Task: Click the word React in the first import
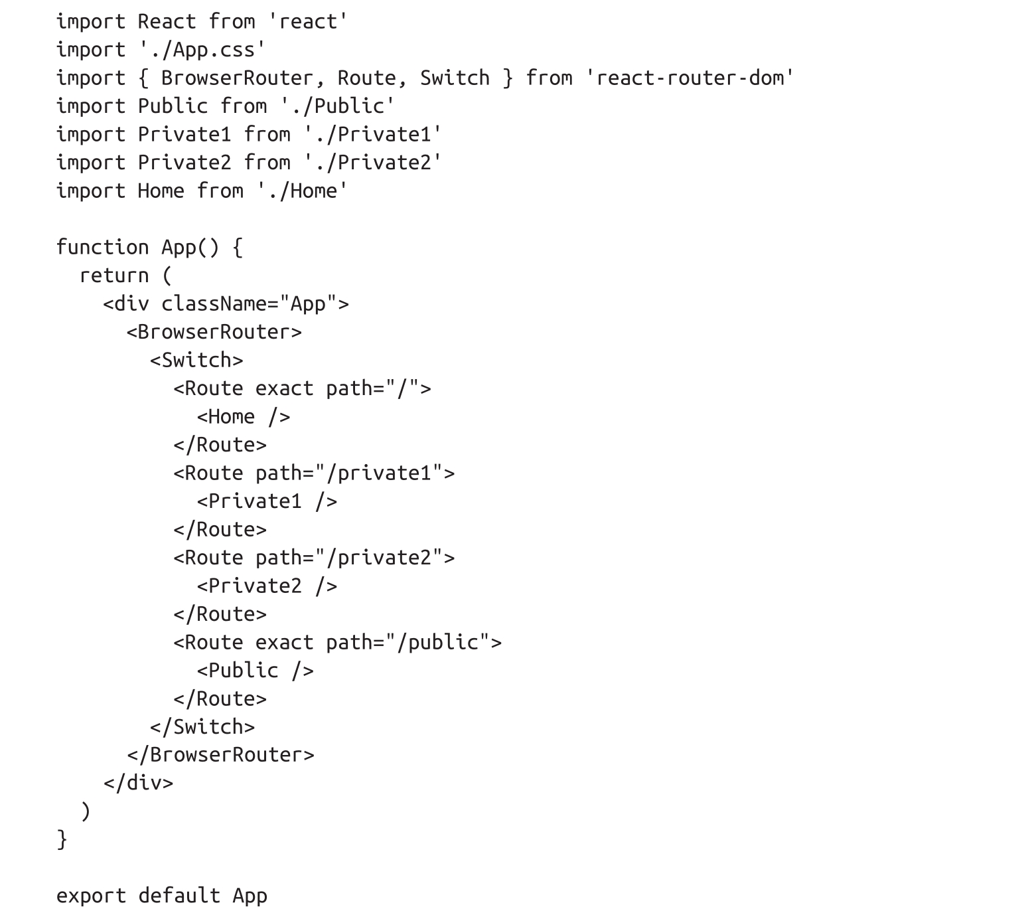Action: [x=167, y=22]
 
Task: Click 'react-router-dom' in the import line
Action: [x=690, y=78]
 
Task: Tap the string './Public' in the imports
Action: [x=338, y=106]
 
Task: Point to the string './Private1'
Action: [x=373, y=135]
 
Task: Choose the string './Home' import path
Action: [x=303, y=191]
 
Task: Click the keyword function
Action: [x=102, y=248]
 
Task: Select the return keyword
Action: [x=114, y=276]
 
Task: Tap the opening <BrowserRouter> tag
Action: [x=214, y=332]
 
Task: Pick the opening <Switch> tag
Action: [x=196, y=361]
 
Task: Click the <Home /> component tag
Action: [x=244, y=417]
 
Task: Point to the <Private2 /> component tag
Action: [x=267, y=586]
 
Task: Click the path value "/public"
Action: [x=438, y=643]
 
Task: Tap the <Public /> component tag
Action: [x=255, y=671]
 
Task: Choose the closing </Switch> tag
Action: [x=202, y=727]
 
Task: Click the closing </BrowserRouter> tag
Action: [x=220, y=755]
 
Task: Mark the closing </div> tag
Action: [x=138, y=784]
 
